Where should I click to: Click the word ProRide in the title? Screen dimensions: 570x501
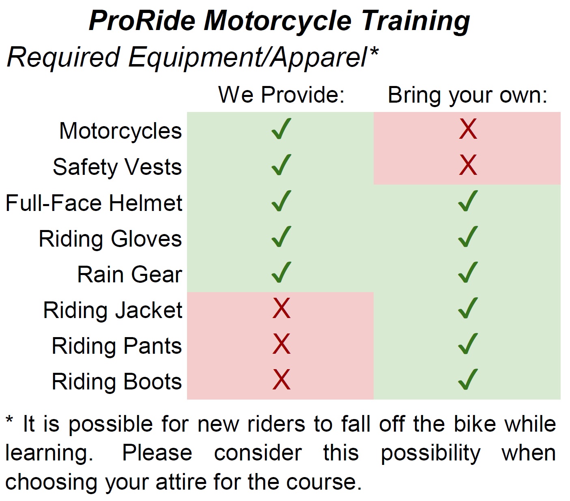click(142, 21)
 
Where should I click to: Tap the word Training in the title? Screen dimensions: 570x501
click(415, 22)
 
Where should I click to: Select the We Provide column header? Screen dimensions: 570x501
click(281, 95)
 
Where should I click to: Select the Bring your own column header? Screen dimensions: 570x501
click(467, 96)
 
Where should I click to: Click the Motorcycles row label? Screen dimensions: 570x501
click(121, 131)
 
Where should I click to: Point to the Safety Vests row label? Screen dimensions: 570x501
click(117, 167)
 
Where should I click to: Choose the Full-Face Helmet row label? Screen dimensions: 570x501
click(94, 203)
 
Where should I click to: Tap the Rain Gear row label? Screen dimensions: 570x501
click(130, 275)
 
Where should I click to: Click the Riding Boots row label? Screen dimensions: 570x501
click(117, 382)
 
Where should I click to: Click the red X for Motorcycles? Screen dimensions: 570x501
click(468, 129)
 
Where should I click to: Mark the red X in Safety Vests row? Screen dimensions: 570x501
click(468, 165)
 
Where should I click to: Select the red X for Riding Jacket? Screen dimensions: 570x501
click(281, 308)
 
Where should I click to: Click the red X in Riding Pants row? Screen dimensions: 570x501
click(281, 344)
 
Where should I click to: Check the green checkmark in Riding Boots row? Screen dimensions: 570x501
click(468, 379)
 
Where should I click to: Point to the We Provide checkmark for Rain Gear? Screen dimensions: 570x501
click(281, 272)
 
